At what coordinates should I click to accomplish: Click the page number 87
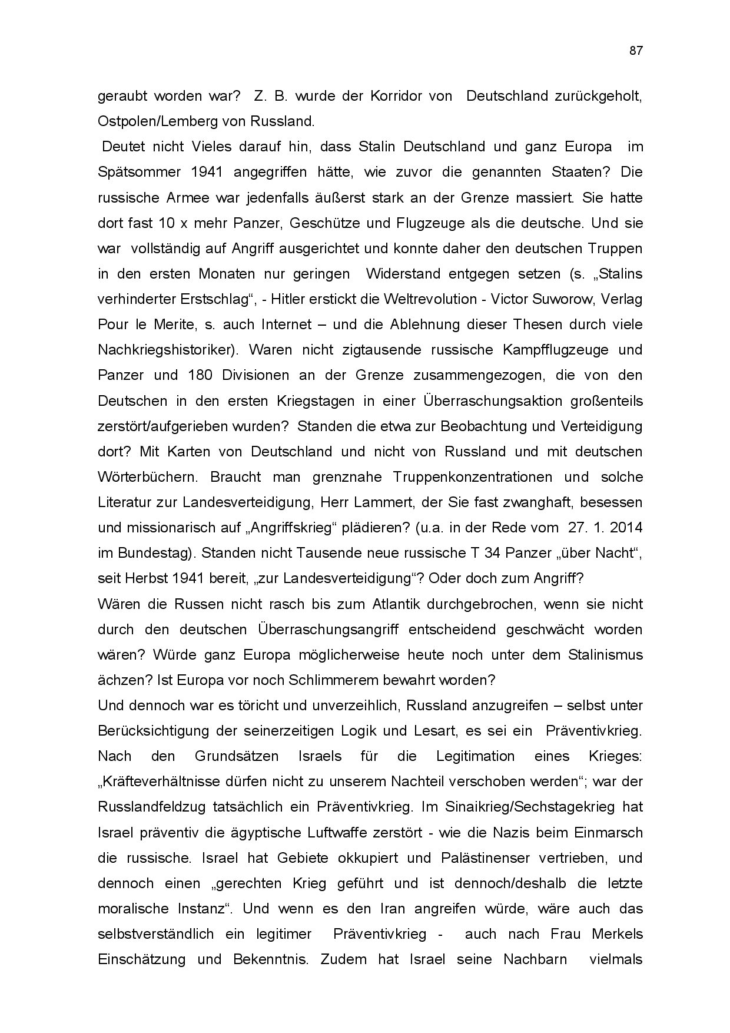coord(636,51)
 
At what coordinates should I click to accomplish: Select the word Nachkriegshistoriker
coord(168,350)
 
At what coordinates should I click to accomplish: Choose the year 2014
coord(626,528)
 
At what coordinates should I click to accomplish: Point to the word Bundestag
coord(155,553)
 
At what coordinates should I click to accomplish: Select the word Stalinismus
coord(605,655)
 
